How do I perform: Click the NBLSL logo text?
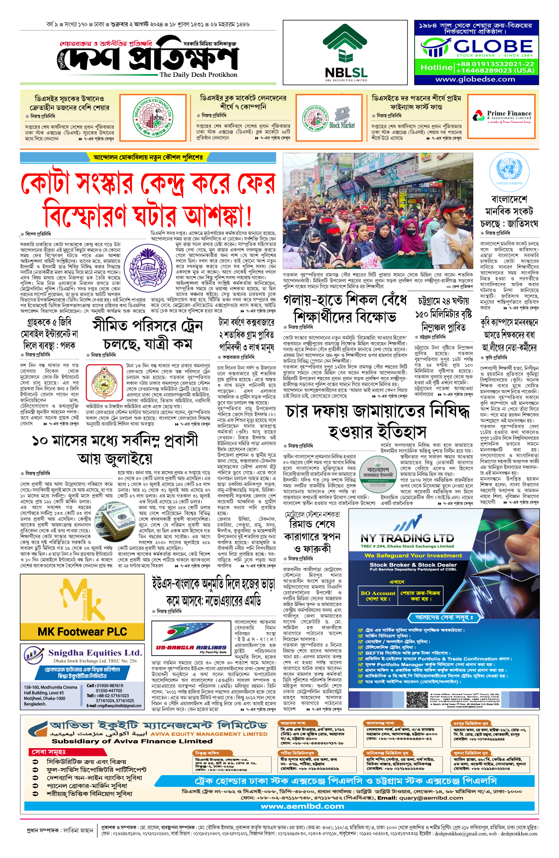click(x=346, y=72)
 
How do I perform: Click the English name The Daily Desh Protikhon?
click(x=198, y=74)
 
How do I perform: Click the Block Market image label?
click(x=342, y=125)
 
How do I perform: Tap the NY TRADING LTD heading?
click(x=407, y=538)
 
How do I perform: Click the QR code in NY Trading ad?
click(x=417, y=700)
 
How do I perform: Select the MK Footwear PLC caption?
click(x=82, y=632)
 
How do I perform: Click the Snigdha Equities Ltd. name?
click(x=95, y=653)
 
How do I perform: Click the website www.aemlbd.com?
click(x=302, y=806)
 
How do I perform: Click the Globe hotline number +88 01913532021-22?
click(x=495, y=64)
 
